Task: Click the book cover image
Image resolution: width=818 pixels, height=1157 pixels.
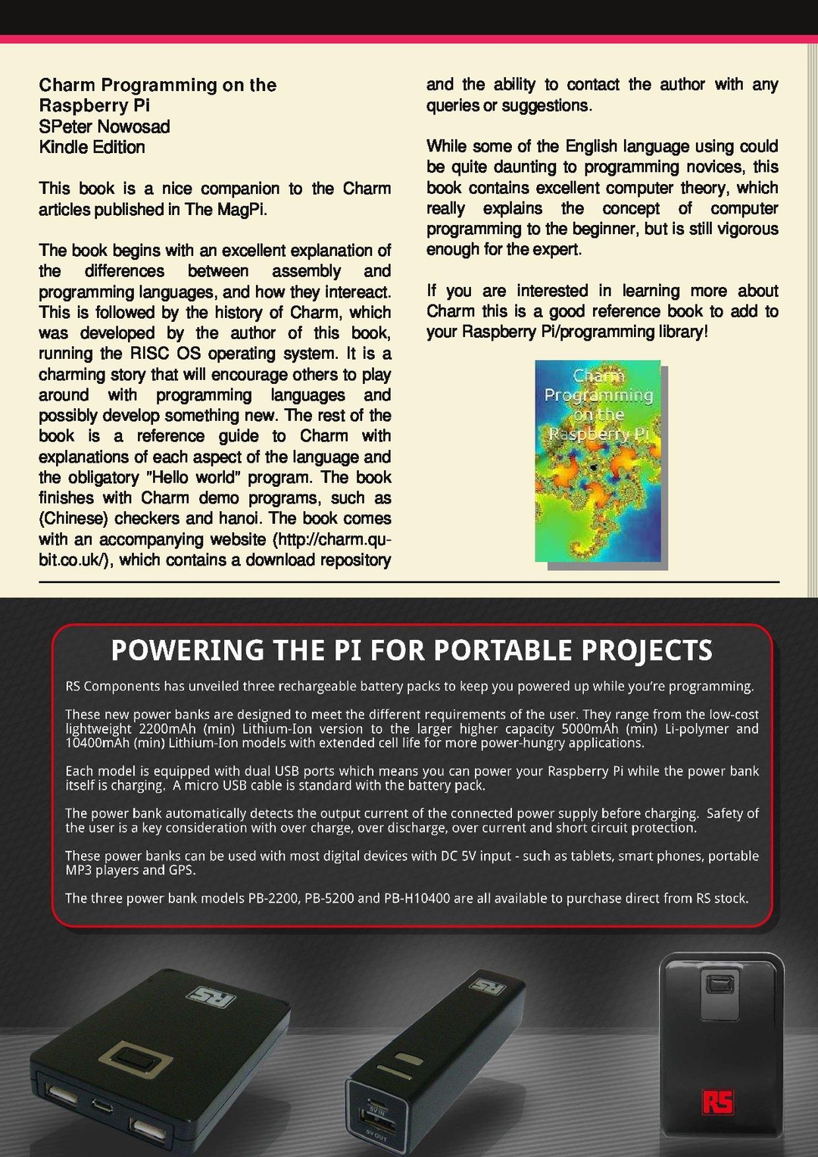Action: coord(598,461)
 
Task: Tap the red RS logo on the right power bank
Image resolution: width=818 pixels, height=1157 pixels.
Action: coord(717,1102)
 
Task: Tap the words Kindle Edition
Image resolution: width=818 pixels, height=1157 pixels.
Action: coord(92,147)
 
